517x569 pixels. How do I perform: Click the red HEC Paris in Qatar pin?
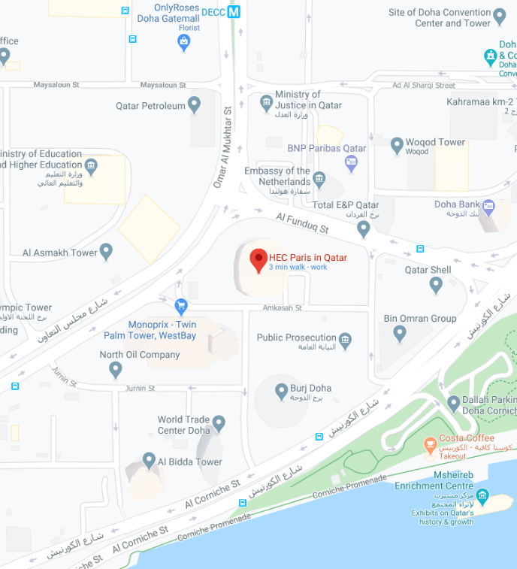click(x=258, y=260)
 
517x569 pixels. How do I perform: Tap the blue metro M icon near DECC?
click(x=234, y=12)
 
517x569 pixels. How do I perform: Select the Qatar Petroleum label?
click(x=150, y=106)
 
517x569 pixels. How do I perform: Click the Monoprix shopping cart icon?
click(x=180, y=306)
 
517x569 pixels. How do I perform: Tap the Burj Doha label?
click(x=310, y=389)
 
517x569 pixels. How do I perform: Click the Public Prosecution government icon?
click(x=345, y=340)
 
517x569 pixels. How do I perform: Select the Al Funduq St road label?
click(x=303, y=222)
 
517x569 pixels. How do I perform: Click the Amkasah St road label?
click(x=283, y=307)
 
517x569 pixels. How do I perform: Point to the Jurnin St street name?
click(x=140, y=389)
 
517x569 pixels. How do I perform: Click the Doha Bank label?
click(x=457, y=204)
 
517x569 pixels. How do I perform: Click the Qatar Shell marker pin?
click(x=436, y=284)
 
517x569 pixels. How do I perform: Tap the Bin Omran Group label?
click(x=420, y=319)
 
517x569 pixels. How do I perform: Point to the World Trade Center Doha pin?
click(x=219, y=423)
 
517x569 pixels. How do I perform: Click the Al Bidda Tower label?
click(x=189, y=462)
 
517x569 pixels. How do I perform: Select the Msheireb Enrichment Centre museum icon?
click(x=482, y=497)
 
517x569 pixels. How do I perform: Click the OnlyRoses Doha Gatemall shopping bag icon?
click(x=183, y=42)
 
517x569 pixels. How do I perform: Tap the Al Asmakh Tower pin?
click(x=107, y=251)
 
